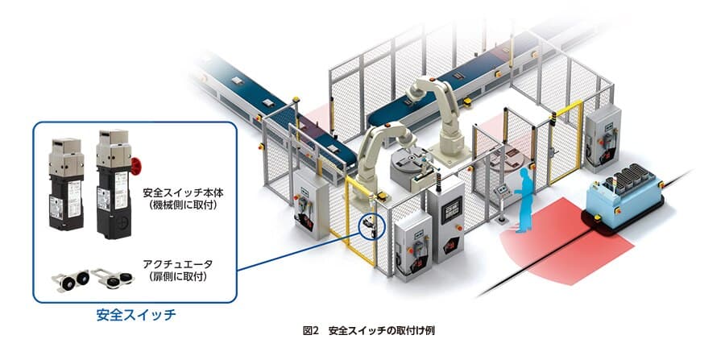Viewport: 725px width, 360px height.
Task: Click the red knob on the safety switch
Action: (135, 167)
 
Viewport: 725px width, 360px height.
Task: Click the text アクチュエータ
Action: (177, 264)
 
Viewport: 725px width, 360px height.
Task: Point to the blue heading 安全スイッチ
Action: (136, 315)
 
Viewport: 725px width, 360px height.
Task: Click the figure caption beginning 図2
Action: (368, 331)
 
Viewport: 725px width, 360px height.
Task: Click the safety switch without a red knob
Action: (66, 184)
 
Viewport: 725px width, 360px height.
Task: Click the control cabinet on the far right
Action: (603, 135)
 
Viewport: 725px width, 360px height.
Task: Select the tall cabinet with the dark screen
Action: (445, 218)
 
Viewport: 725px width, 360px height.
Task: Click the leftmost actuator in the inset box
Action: (70, 280)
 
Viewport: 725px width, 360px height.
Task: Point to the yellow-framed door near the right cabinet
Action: (565, 142)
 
